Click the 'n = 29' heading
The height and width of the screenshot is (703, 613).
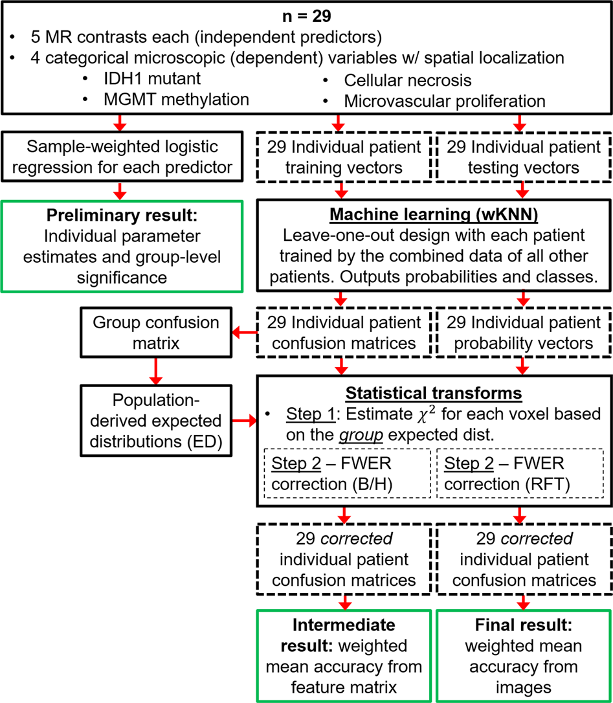306,13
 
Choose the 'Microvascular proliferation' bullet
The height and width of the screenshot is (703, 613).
445,100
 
